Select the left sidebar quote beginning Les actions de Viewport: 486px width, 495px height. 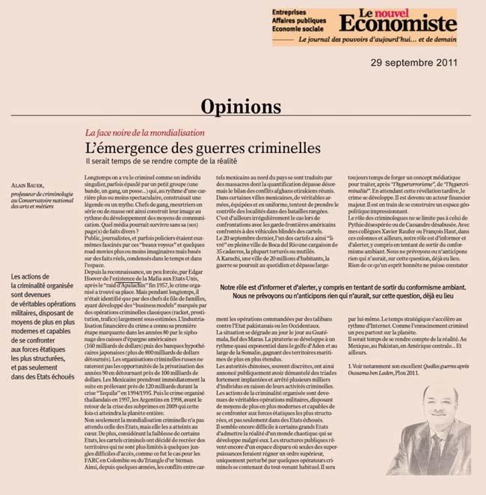click(x=42, y=326)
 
